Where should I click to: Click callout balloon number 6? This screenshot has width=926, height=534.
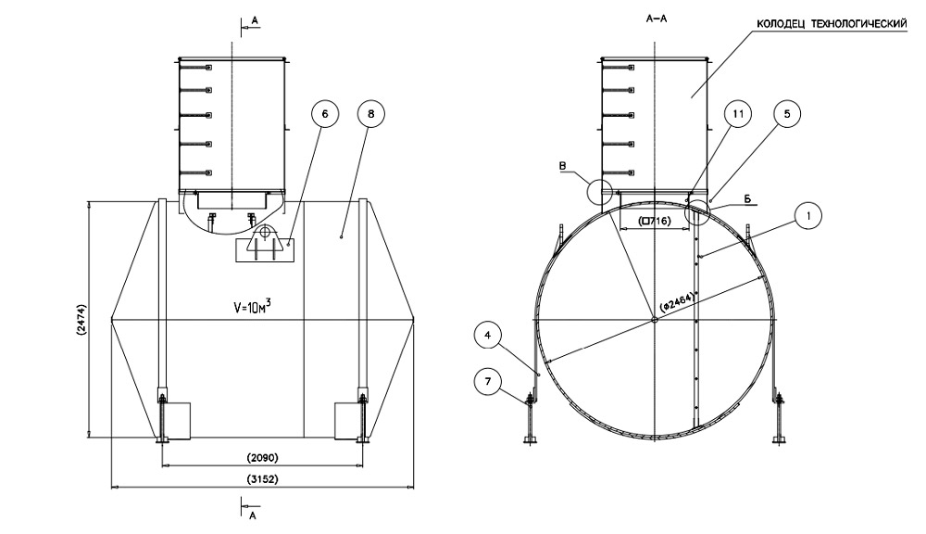[325, 114]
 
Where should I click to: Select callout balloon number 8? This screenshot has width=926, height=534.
[371, 114]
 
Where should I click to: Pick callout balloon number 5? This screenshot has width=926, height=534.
[786, 114]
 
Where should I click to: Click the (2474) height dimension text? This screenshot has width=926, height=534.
[81, 319]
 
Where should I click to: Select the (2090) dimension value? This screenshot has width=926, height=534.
[263, 458]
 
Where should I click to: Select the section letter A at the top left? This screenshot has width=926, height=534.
[251, 17]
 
